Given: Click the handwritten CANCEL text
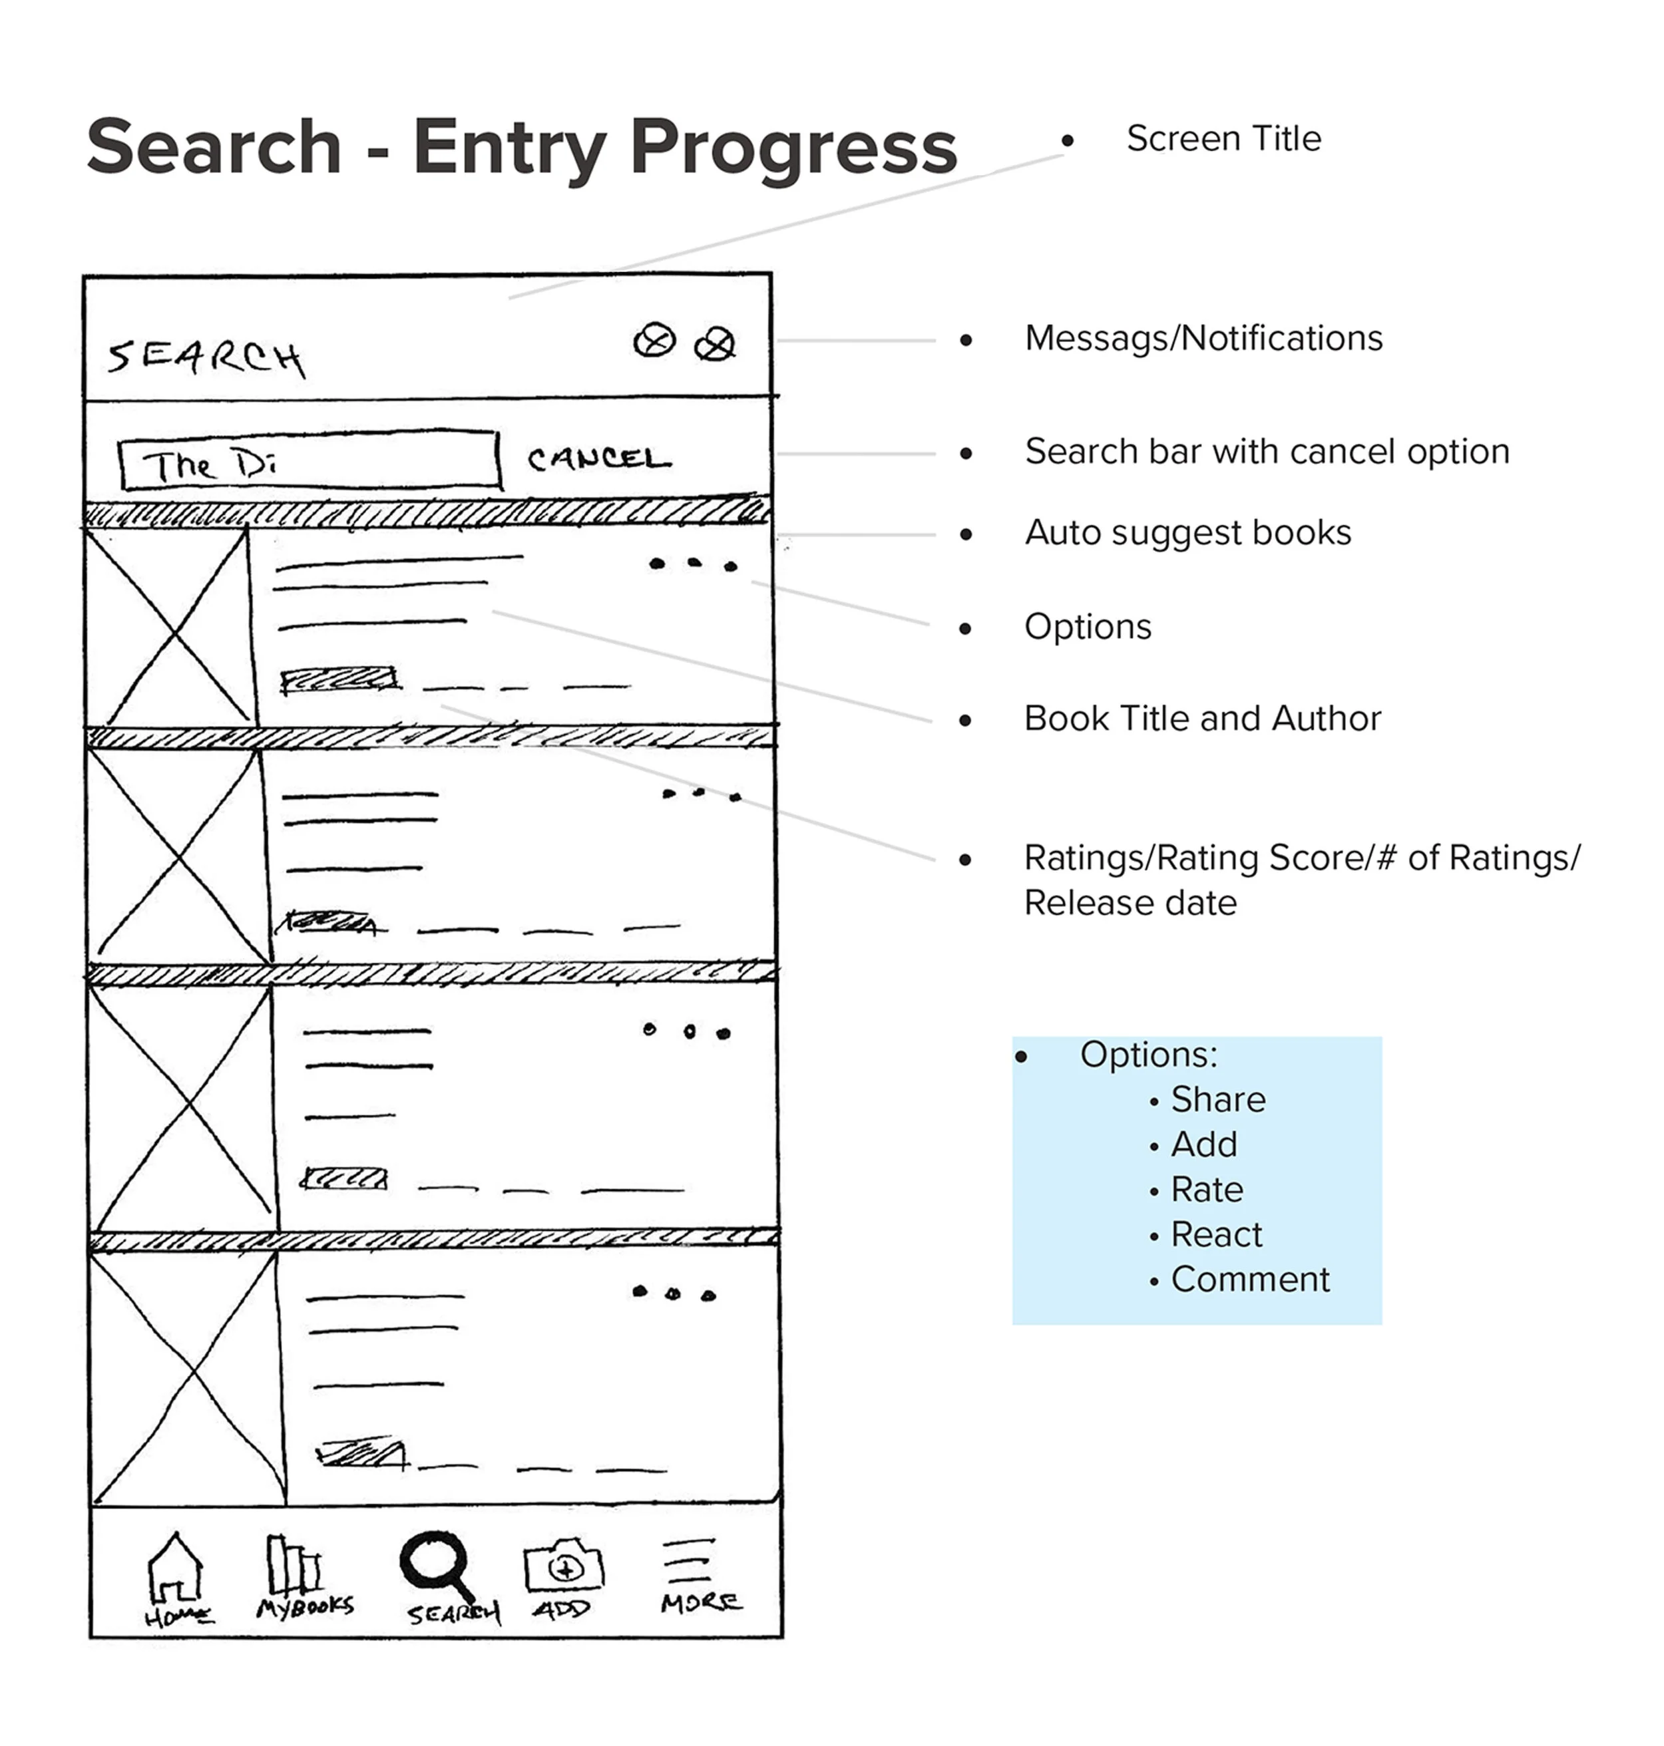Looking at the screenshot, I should click(x=599, y=458).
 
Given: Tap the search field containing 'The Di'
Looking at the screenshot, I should click(x=310, y=460).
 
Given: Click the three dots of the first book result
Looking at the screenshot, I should click(x=693, y=564).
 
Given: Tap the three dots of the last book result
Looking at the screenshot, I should click(x=673, y=1294).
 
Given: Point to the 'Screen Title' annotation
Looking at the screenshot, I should click(x=1223, y=139).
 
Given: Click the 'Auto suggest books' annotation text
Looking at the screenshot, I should click(x=1187, y=533).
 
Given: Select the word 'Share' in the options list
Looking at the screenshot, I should click(x=1218, y=1099).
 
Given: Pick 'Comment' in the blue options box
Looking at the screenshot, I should click(x=1250, y=1280).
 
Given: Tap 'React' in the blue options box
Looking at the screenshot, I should click(x=1216, y=1234).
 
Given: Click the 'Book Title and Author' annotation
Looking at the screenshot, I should click(x=1202, y=718).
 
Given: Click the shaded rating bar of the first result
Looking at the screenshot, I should click(x=339, y=680).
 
